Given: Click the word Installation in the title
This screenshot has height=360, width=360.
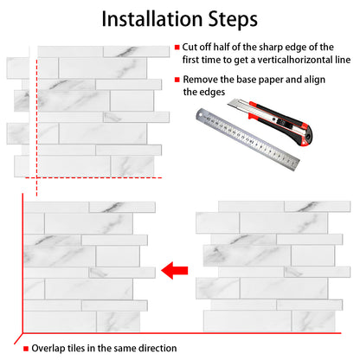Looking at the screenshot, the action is point(151,19).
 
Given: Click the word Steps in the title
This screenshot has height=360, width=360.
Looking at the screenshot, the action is point(233,20).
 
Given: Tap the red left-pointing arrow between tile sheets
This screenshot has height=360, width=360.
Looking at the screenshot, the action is point(175,271).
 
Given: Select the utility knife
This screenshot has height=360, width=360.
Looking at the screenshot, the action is point(270,122).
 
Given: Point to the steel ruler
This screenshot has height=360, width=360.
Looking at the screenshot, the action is point(247,139).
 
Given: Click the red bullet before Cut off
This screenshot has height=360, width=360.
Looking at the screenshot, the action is point(177,48).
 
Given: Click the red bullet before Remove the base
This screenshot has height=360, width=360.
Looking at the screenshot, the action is point(177,80).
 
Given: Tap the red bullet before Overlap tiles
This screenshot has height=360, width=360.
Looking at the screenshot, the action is point(26,349).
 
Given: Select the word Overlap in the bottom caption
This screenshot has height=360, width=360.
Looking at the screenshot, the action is point(48,349).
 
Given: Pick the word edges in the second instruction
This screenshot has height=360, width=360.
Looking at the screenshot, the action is point(213,93).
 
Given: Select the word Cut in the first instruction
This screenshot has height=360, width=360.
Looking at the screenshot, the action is point(190,47).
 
